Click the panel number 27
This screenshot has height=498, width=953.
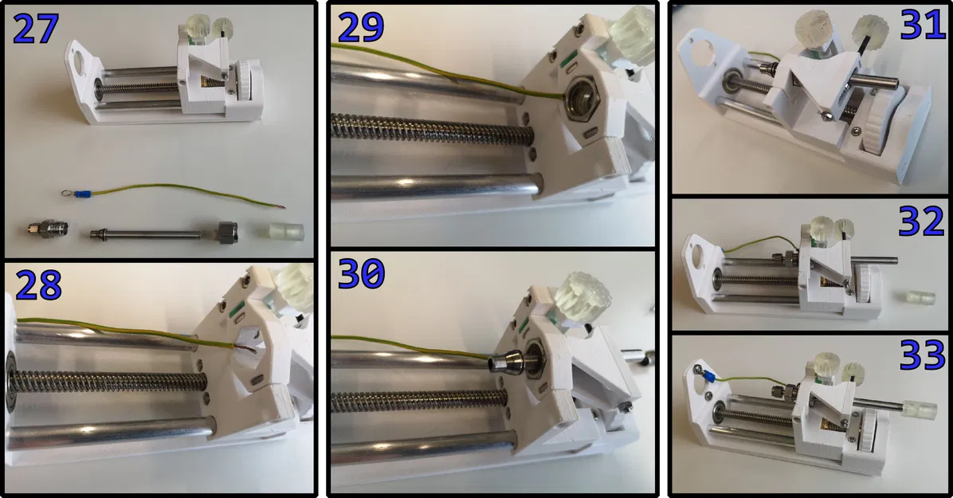click(35, 29)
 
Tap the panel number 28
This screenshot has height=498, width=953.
click(38, 284)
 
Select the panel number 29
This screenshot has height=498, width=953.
click(361, 27)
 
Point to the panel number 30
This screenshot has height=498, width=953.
click(362, 273)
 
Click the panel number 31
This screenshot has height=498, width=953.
click(921, 25)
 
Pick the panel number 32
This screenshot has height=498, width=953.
click(921, 221)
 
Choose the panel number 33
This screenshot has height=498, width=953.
click(921, 355)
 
